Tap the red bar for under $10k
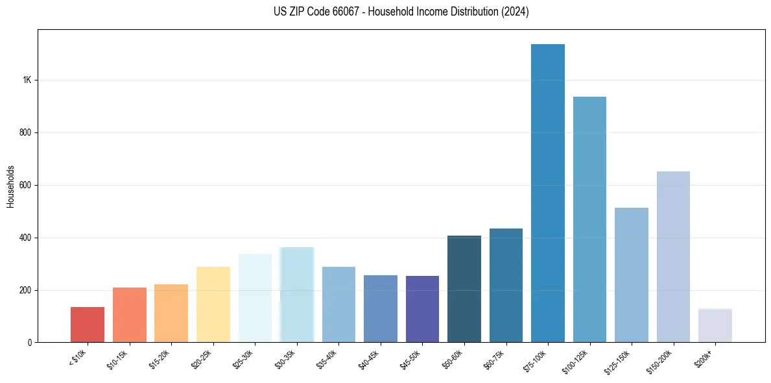(x=88, y=325)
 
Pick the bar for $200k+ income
(x=715, y=326)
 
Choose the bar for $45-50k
(x=422, y=309)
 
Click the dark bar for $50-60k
(x=464, y=289)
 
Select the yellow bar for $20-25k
(x=213, y=304)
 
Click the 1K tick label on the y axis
(x=27, y=80)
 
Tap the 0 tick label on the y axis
(x=30, y=343)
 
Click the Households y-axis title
(x=11, y=186)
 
